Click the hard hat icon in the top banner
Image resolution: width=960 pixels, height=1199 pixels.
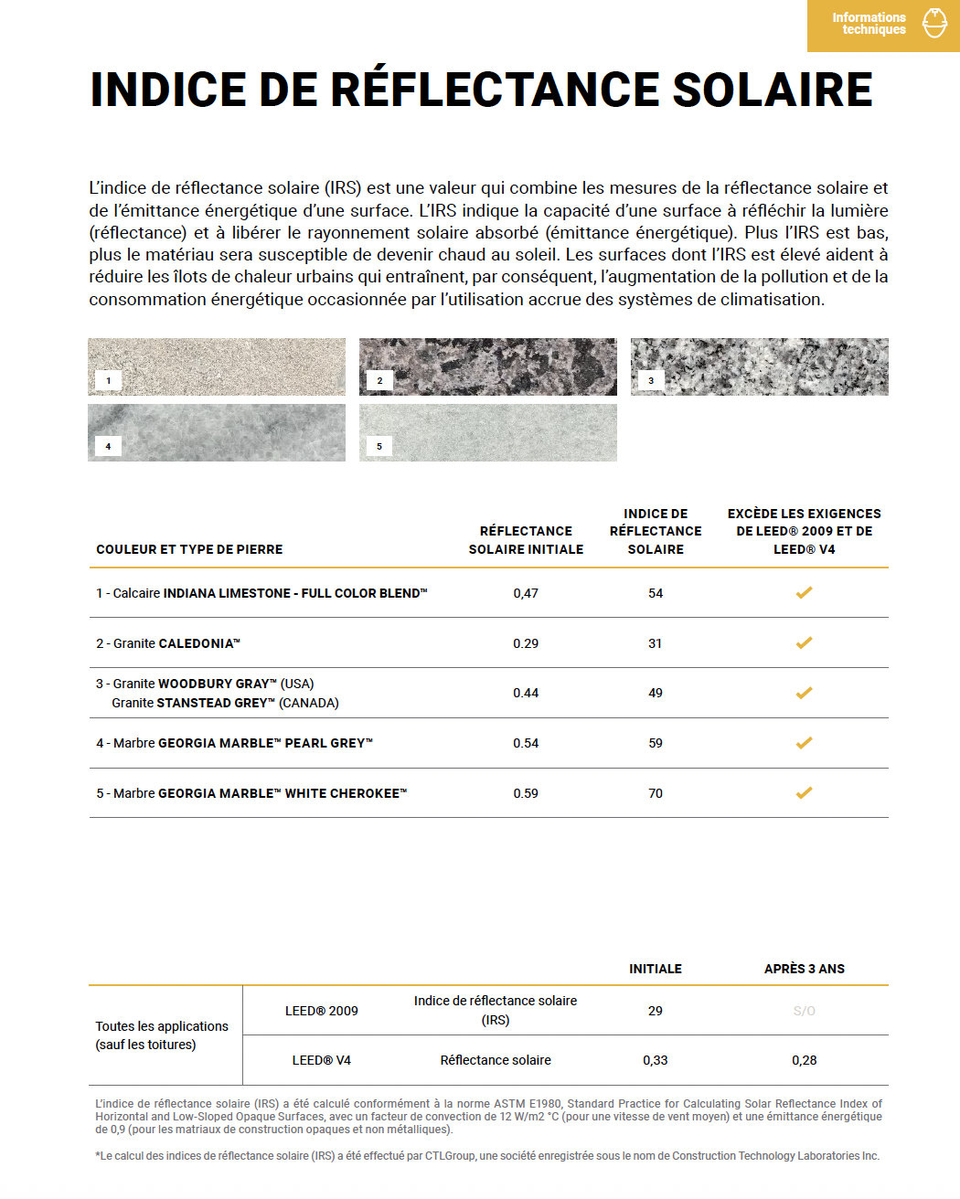pyautogui.click(x=934, y=24)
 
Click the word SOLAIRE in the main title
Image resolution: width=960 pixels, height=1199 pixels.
pyautogui.click(x=773, y=90)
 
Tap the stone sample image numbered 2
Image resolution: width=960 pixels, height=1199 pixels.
pyautogui.click(x=487, y=366)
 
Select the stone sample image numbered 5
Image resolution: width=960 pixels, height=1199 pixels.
pyautogui.click(x=487, y=432)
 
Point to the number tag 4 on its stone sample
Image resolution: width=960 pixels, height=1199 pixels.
pyautogui.click(x=108, y=446)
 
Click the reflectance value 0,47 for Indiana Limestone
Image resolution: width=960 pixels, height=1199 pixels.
pyautogui.click(x=526, y=593)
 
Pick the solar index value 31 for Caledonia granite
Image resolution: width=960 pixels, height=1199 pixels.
pyautogui.click(x=655, y=643)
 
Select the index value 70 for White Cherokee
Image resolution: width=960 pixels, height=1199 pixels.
pyautogui.click(x=656, y=793)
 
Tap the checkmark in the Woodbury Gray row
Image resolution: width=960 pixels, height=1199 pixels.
pyautogui.click(x=804, y=693)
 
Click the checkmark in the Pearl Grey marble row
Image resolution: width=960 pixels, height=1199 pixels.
pyautogui.click(x=804, y=743)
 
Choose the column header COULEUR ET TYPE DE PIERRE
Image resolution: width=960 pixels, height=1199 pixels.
pyautogui.click(x=189, y=549)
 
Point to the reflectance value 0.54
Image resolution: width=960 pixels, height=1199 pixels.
pyautogui.click(x=526, y=743)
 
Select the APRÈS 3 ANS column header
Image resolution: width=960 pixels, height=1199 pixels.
pyautogui.click(x=804, y=969)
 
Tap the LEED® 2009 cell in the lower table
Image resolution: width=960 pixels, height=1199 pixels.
pyautogui.click(x=322, y=1011)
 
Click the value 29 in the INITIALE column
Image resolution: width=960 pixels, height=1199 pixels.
pyautogui.click(x=655, y=1011)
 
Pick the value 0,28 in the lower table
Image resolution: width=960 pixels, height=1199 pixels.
pyautogui.click(x=804, y=1060)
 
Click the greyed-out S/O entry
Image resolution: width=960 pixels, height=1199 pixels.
pyautogui.click(x=804, y=1011)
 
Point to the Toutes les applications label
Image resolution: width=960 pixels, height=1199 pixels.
pyautogui.click(x=162, y=1026)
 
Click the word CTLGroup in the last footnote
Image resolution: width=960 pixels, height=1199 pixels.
pyautogui.click(x=450, y=1156)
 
